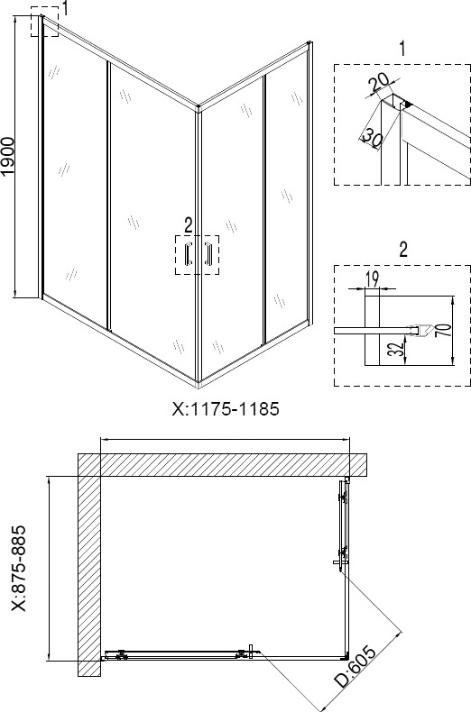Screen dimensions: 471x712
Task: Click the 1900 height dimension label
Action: click(10, 156)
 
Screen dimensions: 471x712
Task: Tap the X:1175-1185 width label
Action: click(225, 409)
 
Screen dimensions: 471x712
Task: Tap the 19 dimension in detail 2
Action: click(371, 278)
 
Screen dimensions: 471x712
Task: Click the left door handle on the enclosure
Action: click(188, 254)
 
